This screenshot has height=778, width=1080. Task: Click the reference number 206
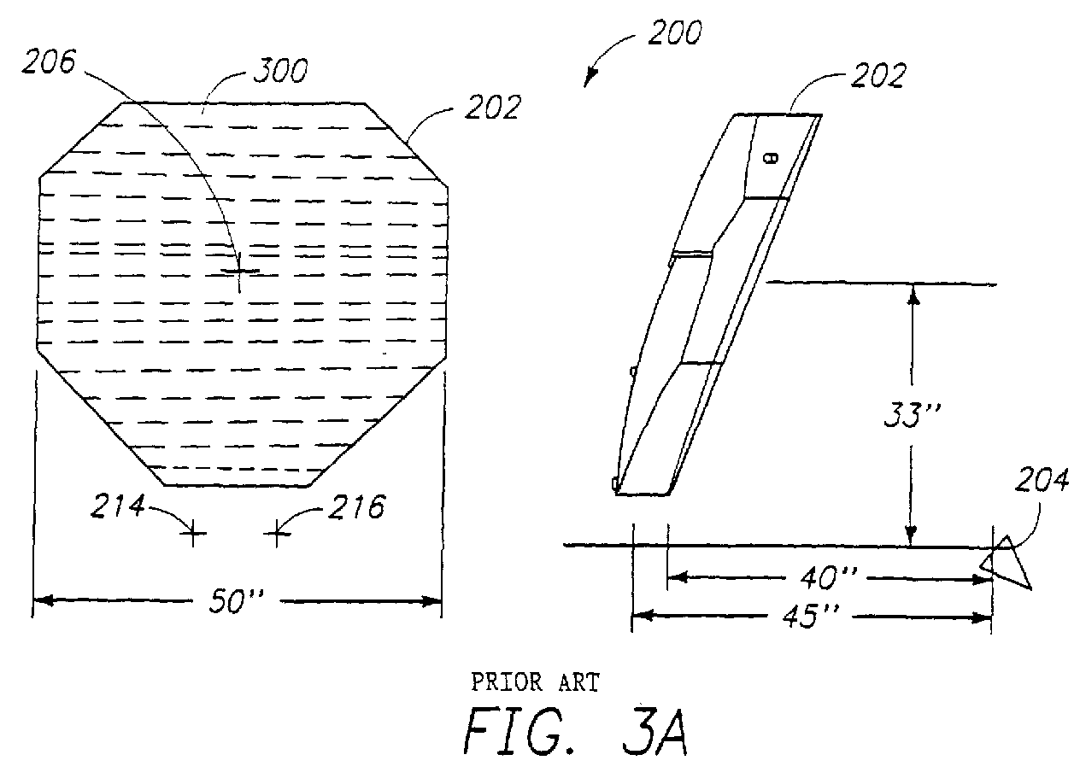point(49,61)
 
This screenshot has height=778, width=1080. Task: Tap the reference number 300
point(280,71)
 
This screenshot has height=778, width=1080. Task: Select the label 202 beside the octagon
point(493,107)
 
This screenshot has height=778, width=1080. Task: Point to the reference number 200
point(674,32)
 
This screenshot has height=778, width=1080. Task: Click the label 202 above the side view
point(878,75)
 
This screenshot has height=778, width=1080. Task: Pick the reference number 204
point(1042,480)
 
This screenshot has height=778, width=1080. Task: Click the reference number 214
point(118,506)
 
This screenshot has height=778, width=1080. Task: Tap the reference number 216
point(356,506)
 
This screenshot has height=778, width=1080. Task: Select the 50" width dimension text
point(236,601)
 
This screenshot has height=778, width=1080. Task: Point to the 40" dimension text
point(829,577)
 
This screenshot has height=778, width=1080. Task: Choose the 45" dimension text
point(811,616)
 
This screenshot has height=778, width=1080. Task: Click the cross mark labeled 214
point(193,533)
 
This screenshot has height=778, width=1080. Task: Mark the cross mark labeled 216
point(277,533)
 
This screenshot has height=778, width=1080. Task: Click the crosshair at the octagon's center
point(239,271)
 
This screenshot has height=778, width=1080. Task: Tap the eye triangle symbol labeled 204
point(1007,563)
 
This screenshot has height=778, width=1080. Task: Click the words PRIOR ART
point(535,682)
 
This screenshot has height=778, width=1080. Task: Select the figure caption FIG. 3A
point(576,731)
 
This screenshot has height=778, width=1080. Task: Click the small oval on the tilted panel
point(772,158)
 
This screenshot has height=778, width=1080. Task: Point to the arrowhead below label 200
point(590,78)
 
